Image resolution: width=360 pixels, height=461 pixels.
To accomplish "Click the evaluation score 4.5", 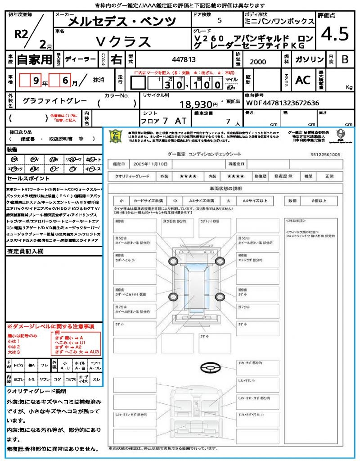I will tap(335, 34).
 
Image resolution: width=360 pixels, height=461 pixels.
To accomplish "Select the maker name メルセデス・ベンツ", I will tap(122, 21).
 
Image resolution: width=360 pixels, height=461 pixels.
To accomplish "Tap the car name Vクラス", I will tap(123, 41).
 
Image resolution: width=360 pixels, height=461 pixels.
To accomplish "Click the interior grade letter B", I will tap(344, 59).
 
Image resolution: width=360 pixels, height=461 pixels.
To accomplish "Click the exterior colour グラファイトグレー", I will tap(55, 101).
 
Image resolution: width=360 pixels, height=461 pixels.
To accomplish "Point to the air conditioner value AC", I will tap(303, 80).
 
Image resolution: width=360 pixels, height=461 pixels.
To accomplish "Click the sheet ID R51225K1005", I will tap(325, 154).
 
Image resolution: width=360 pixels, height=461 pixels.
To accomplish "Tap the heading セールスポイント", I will tap(25, 179).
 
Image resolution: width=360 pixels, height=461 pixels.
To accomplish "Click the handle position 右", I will tap(117, 59).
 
